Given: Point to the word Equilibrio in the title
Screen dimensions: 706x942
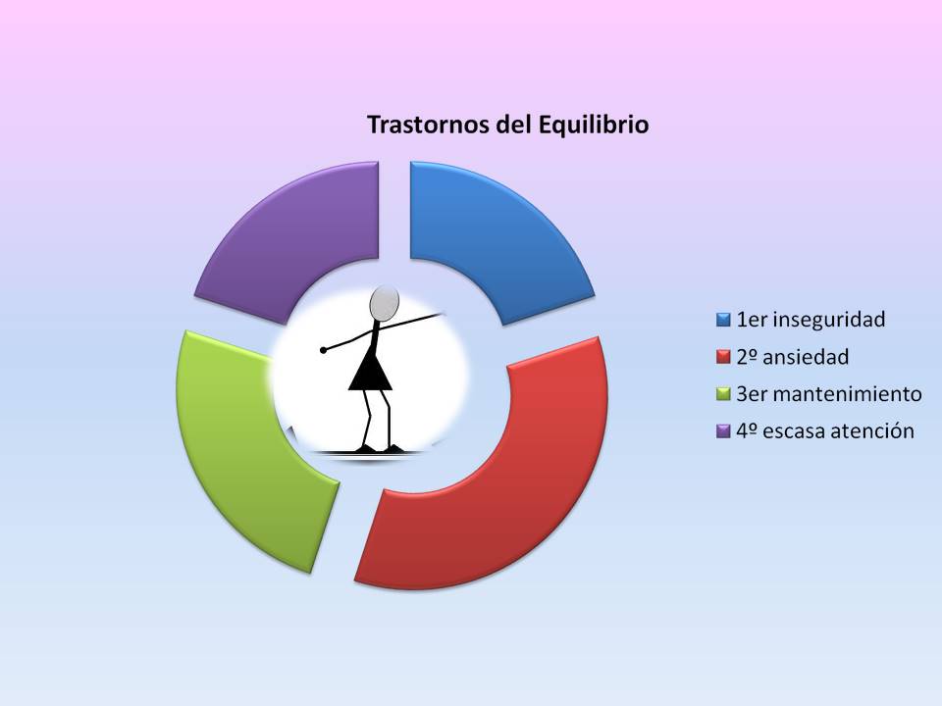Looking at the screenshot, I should [x=594, y=126].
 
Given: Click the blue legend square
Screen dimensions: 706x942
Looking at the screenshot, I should [x=723, y=320].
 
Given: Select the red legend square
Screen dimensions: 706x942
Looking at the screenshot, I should [x=723, y=357].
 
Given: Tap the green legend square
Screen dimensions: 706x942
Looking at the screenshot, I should [x=723, y=394].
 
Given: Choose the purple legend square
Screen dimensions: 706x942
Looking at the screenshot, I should [x=723, y=431].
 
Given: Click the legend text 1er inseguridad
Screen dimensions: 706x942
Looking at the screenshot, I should [x=811, y=320].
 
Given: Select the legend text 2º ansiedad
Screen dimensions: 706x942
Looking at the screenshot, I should [x=793, y=357].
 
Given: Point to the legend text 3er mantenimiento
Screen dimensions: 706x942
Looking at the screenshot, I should [x=829, y=394].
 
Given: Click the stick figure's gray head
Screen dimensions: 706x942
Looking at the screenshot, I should [x=385, y=303].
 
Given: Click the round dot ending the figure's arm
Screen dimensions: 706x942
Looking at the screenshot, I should [x=324, y=350].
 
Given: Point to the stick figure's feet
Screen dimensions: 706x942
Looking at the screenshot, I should [x=379, y=449].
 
